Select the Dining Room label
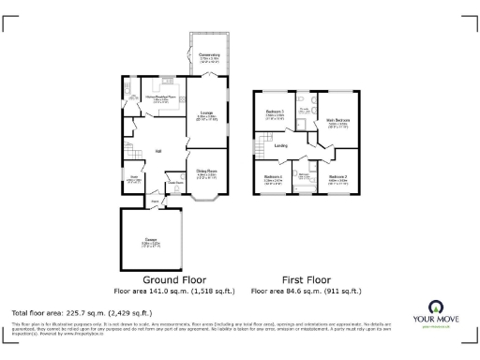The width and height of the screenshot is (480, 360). [x=206, y=171]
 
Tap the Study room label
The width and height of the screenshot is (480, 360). [x=131, y=178]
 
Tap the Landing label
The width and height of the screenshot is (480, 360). [x=280, y=145]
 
